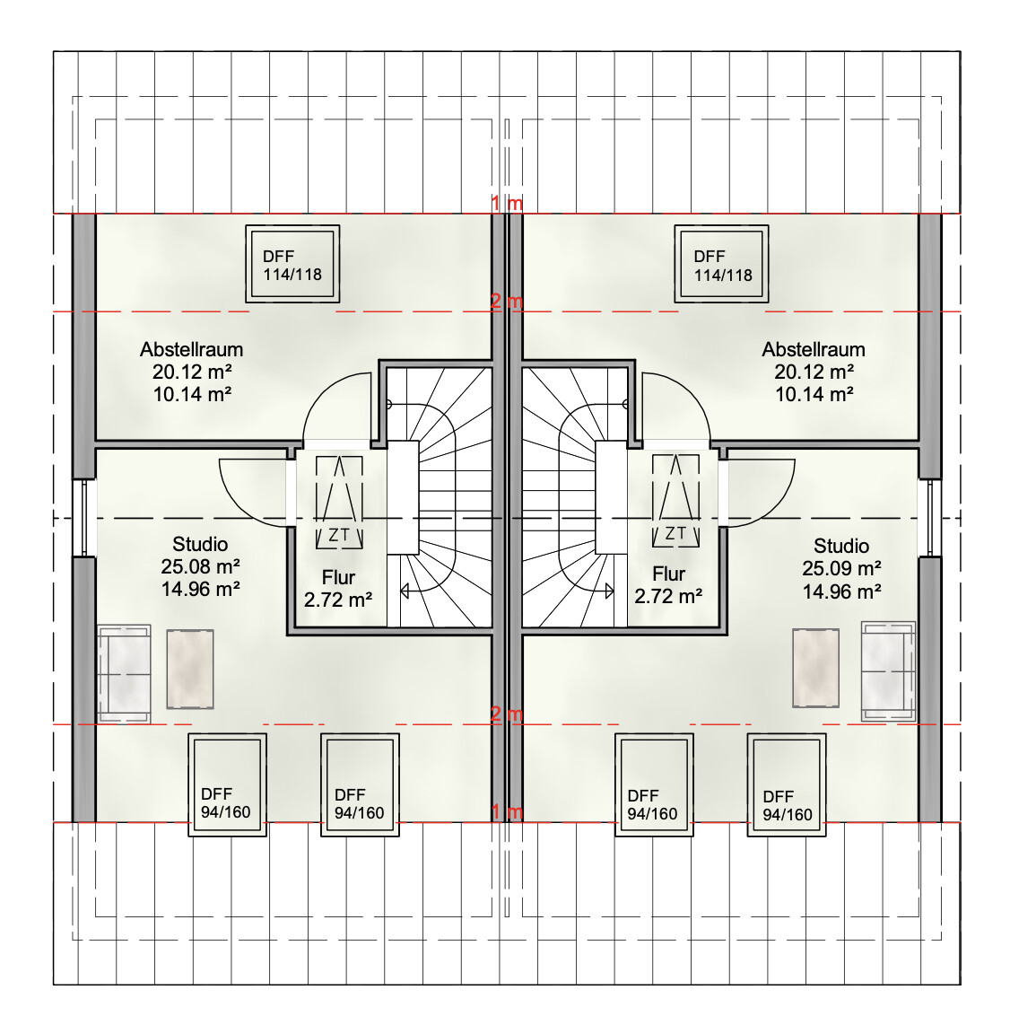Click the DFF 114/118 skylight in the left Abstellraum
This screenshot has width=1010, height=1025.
point(292,264)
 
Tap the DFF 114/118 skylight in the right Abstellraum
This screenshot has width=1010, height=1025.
point(721,264)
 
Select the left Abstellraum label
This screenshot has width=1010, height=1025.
point(191,350)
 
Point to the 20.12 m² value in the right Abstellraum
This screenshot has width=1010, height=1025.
point(814,372)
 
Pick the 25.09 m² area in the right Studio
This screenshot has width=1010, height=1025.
point(842,569)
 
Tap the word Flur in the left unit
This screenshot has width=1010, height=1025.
point(338,577)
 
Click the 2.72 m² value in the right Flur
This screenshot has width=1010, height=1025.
point(668,596)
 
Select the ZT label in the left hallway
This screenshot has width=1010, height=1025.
point(338,535)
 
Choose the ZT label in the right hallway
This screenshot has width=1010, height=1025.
point(675,533)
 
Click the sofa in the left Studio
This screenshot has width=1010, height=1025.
point(124,674)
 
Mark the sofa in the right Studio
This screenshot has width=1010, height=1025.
point(889,671)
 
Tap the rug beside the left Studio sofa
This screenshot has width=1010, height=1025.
point(190,669)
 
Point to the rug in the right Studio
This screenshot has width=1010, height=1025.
point(816,668)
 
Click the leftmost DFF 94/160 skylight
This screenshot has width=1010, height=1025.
point(227,784)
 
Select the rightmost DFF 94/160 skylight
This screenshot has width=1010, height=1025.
point(787,785)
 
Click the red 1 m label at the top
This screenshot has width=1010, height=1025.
point(507,204)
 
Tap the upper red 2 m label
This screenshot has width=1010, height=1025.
point(507,302)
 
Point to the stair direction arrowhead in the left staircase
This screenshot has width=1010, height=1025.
point(405,591)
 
